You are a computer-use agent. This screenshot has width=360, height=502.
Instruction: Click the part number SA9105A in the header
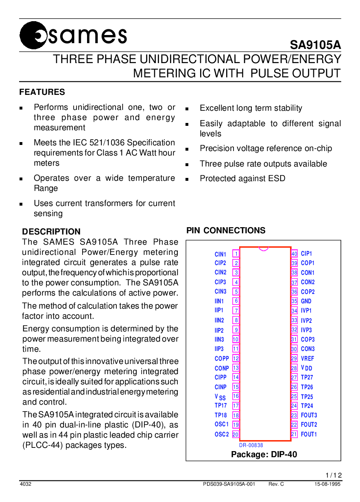[315, 45]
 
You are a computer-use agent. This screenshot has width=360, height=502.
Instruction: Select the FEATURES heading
[42, 92]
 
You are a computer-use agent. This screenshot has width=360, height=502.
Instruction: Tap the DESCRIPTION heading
[51, 232]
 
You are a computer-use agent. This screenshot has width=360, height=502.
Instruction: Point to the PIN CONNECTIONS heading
[226, 230]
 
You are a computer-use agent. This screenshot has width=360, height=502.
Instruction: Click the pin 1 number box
[236, 254]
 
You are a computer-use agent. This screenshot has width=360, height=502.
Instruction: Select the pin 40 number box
[295, 254]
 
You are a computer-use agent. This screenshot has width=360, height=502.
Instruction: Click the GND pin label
[306, 301]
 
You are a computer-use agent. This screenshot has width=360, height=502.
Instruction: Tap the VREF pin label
[307, 359]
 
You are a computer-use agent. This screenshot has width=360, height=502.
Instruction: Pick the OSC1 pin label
[222, 425]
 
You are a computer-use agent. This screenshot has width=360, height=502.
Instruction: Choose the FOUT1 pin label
[309, 434]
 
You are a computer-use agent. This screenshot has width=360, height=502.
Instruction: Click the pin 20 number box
[236, 434]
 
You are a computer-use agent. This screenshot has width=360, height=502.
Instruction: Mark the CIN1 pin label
[220, 254]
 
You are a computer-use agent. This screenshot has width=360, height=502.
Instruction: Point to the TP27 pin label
[307, 377]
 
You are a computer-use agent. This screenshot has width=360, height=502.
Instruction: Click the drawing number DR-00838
[251, 445]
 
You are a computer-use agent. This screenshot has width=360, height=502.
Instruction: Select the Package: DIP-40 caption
[264, 454]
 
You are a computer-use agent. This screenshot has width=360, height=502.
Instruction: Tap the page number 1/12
[334, 476]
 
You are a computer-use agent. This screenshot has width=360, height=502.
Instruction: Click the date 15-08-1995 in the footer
[327, 484]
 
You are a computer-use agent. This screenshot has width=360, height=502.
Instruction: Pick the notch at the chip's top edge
[264, 248]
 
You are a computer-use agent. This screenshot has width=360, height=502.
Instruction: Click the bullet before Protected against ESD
[187, 179]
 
